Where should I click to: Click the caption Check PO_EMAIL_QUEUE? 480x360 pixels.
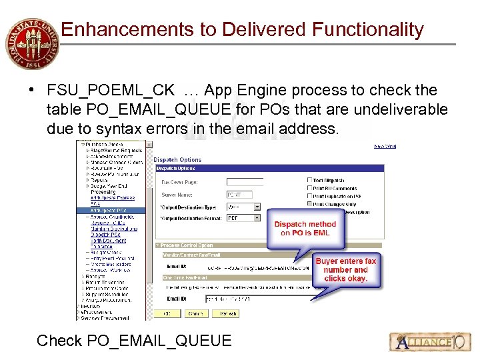(134, 341)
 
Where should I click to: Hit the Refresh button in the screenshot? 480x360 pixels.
(227, 313)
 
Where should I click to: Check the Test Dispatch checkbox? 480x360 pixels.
(310, 180)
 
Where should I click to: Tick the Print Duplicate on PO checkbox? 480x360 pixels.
(310, 196)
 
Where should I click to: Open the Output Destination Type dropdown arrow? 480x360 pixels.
(257, 207)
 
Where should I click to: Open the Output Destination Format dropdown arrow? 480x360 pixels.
(257, 218)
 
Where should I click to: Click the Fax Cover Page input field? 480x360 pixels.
(245, 181)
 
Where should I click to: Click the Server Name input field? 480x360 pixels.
(239, 195)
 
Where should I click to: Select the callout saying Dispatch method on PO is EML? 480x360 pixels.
(305, 229)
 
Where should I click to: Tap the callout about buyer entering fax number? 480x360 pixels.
(345, 270)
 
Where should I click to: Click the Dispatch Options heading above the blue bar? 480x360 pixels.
(177, 160)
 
